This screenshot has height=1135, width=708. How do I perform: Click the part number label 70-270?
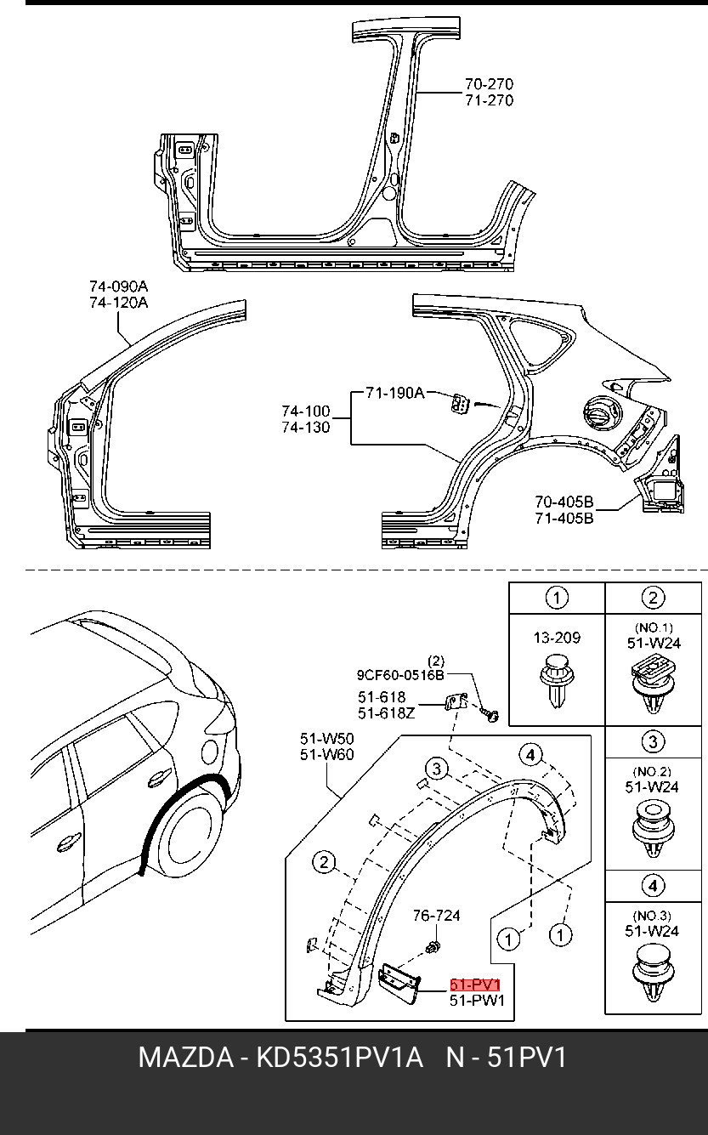[x=489, y=83]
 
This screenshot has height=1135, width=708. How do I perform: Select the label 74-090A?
[x=118, y=287]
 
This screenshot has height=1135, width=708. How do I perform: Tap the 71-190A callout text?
[x=395, y=393]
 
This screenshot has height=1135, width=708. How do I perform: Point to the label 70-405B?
[x=564, y=502]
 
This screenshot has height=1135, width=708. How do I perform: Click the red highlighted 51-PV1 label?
[x=475, y=985]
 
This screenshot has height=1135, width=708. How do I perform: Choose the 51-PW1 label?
[x=477, y=1000]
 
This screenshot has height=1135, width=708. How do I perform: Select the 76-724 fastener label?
[x=437, y=916]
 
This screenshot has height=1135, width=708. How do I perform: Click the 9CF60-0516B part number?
[x=400, y=675]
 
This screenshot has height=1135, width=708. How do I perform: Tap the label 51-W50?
[x=326, y=738]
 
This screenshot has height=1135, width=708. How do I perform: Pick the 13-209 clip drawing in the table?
[x=557, y=682]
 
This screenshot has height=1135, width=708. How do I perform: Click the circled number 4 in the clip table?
[x=653, y=886]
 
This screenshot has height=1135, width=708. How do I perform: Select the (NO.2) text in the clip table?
[x=652, y=772]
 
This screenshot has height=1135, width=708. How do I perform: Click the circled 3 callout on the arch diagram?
[x=436, y=769]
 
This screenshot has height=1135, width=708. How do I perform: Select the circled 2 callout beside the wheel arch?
[x=324, y=862]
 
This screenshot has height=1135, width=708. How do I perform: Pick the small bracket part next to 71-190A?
[x=461, y=403]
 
